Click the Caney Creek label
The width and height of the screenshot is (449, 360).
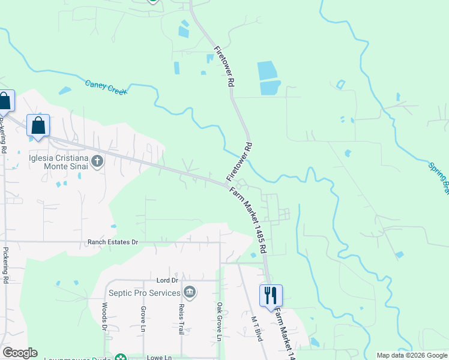[107, 88]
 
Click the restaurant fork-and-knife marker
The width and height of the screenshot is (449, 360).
[271, 295]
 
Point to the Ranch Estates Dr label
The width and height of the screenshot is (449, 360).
[113, 242]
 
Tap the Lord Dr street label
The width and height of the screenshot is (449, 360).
[167, 280]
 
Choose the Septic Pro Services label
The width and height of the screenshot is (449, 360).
[145, 293]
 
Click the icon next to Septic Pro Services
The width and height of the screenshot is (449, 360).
[190, 292]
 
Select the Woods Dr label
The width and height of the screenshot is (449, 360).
[104, 317]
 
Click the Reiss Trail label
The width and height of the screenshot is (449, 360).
[181, 319]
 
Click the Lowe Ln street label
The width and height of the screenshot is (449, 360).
[160, 357]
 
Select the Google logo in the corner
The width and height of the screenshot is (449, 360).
[20, 353]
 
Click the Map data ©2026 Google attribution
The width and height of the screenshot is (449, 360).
[412, 356]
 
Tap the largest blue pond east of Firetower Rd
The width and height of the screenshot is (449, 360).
[268, 71]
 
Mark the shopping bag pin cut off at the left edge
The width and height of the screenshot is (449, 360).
[5, 101]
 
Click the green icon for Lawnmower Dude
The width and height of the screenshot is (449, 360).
[121, 358]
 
